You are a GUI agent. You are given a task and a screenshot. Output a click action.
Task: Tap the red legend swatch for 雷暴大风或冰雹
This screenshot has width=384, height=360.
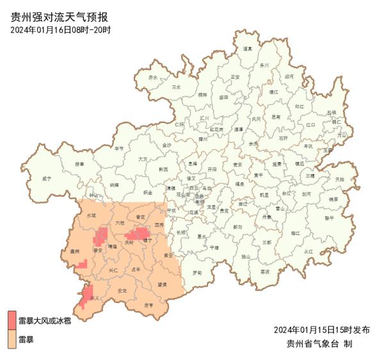12,318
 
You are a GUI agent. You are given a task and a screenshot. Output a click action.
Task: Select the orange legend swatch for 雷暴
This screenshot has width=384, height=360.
12,339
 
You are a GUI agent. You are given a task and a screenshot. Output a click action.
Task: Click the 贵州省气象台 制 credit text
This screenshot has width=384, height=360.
320,344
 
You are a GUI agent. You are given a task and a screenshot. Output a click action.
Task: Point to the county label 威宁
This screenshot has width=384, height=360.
47,179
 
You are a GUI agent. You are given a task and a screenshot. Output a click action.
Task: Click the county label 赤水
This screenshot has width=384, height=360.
152,78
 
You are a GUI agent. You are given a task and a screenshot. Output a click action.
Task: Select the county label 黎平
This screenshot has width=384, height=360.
330,218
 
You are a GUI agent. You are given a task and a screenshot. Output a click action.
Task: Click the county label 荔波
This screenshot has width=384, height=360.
265,271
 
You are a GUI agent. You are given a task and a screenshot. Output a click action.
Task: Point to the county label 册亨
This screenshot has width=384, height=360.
149,305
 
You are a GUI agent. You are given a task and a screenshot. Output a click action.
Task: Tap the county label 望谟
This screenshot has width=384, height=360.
162,284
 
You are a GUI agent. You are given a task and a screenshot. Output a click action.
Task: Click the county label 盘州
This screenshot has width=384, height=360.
75,252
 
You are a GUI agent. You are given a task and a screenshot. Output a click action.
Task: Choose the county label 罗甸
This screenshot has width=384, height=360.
197,273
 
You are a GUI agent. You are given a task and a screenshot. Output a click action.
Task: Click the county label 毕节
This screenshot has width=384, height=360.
119,149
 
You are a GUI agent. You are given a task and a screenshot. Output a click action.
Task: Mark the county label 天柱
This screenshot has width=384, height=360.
339,179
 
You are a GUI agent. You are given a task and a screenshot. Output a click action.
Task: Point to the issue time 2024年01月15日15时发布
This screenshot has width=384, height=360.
321,330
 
